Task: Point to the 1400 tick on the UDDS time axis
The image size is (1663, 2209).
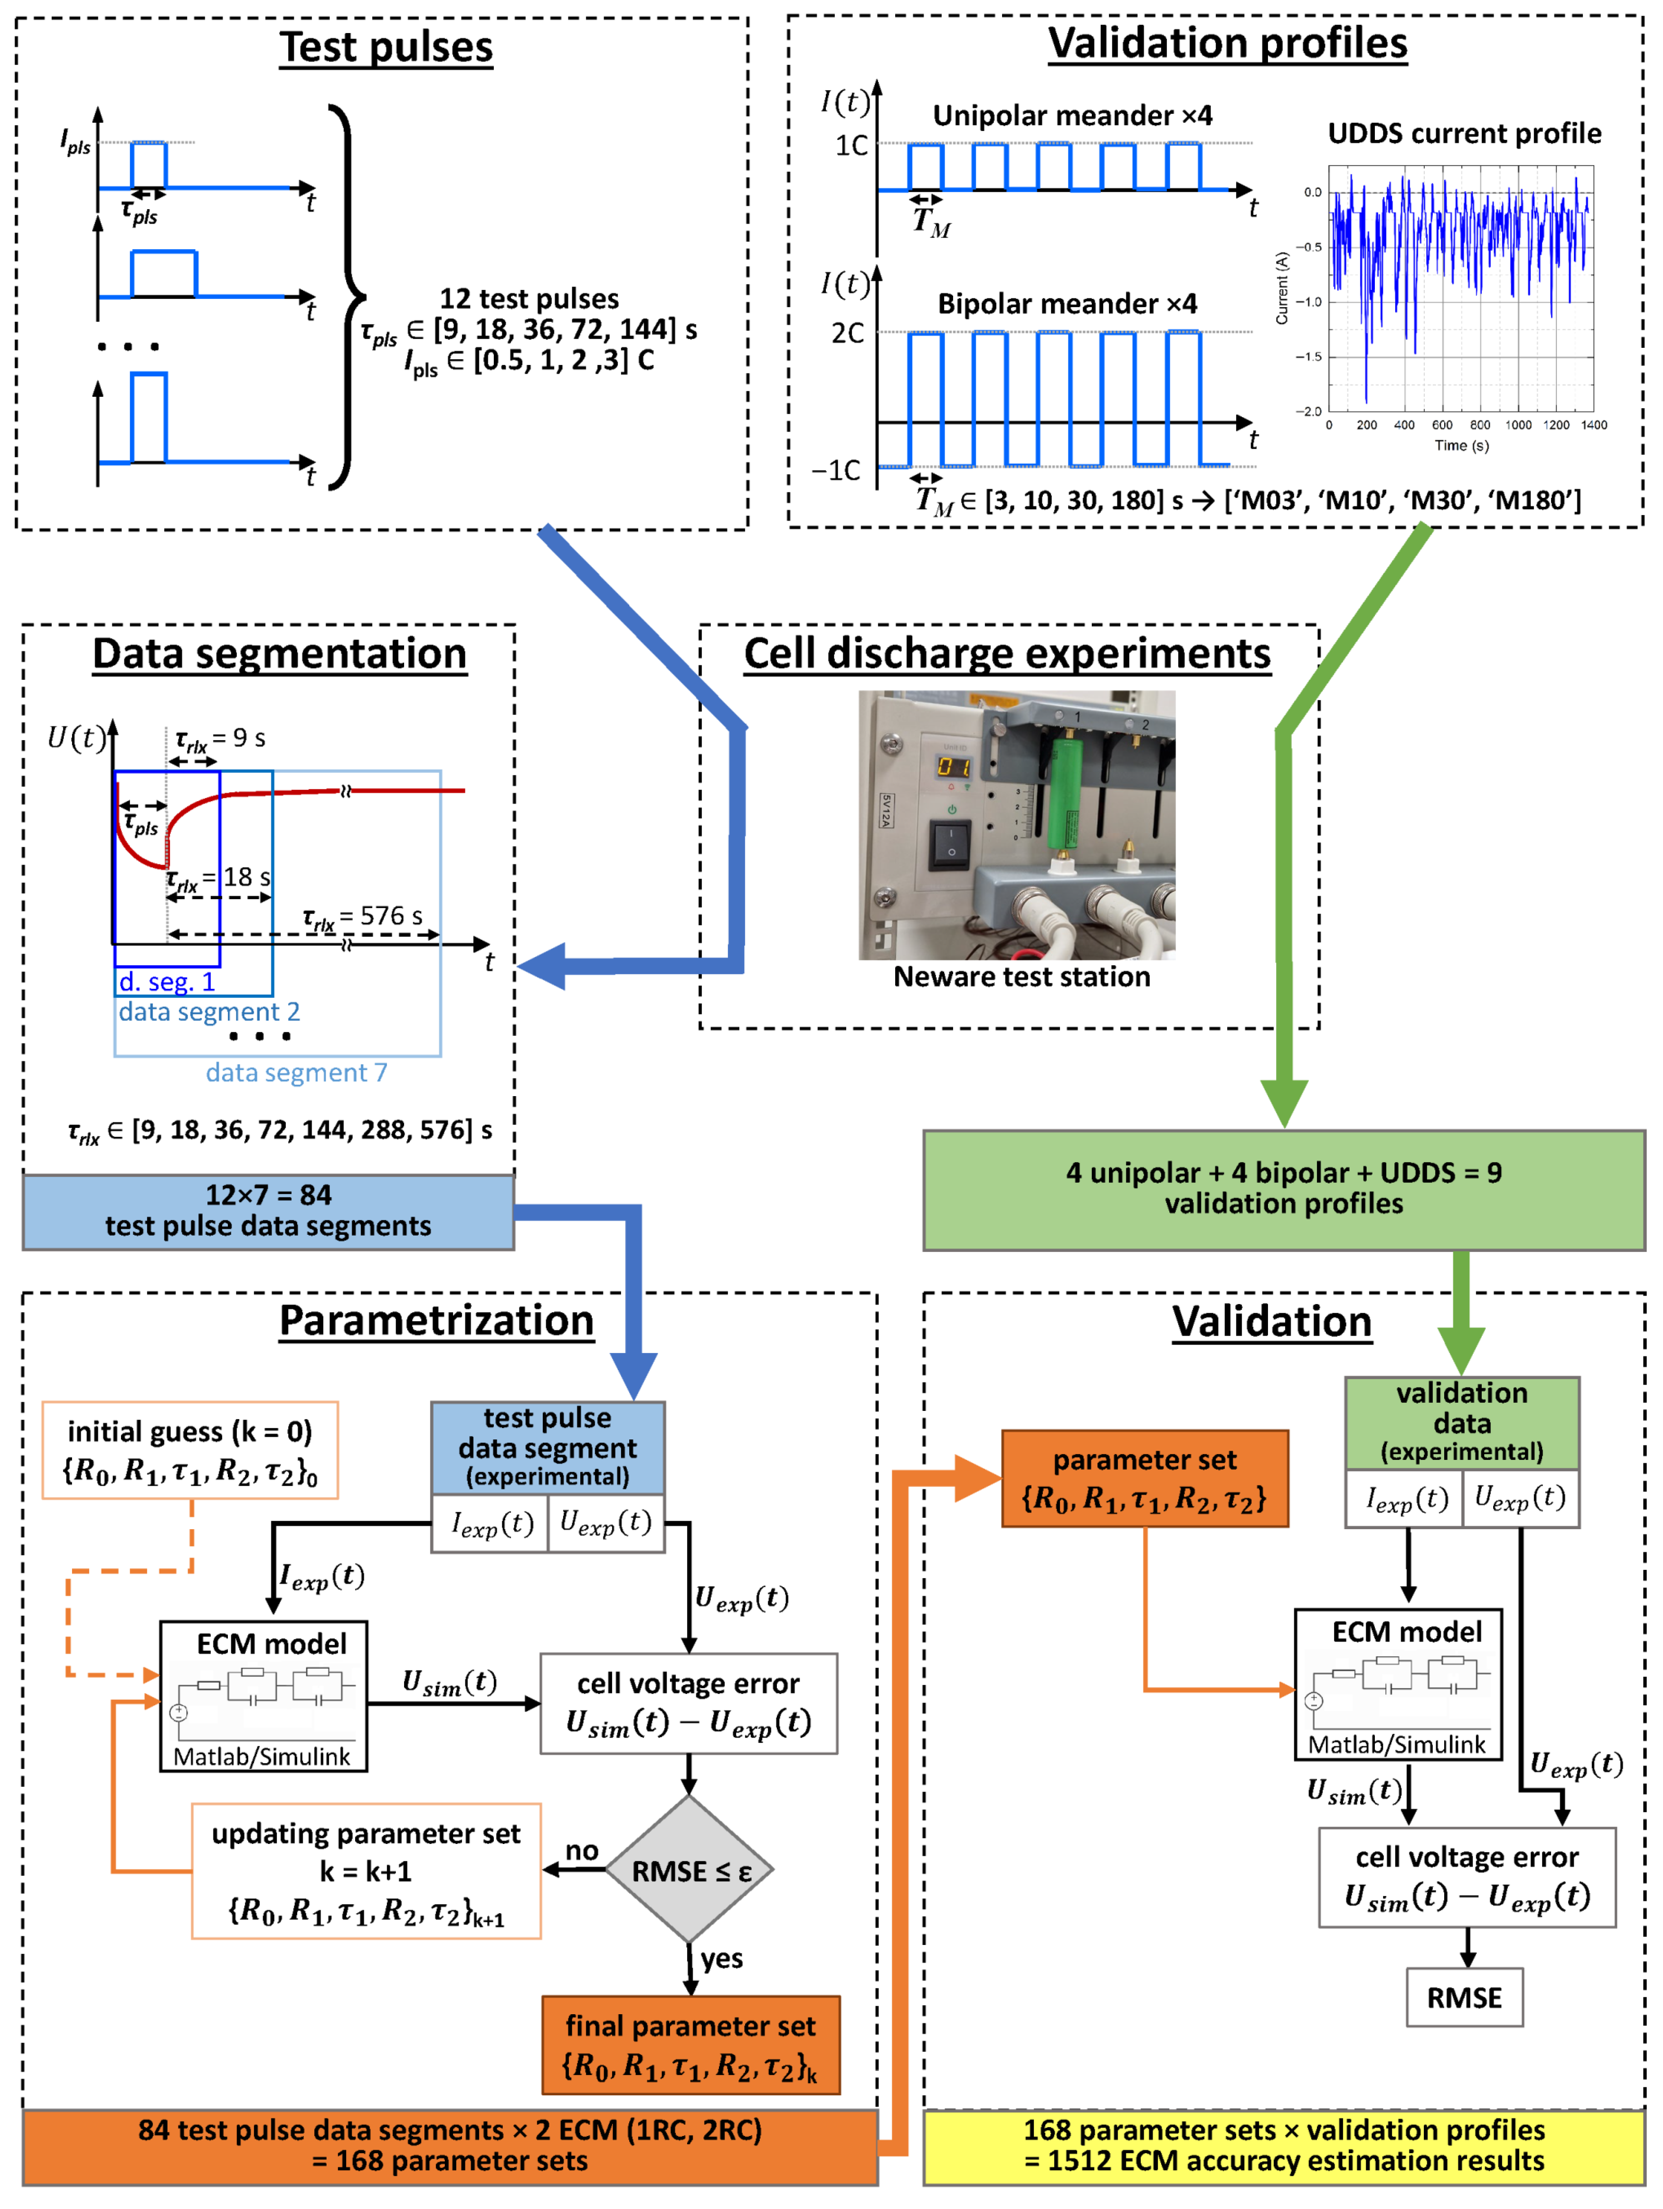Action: coord(1594,424)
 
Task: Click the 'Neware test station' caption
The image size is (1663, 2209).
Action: coord(1022,977)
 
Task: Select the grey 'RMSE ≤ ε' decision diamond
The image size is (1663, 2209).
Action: coord(689,1871)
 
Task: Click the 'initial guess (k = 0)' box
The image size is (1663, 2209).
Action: coord(190,1450)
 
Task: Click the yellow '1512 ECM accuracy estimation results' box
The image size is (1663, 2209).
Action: coord(1284,2147)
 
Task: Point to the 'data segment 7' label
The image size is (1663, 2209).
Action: coord(297,1073)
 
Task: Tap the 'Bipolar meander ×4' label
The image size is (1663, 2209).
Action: coord(1067,303)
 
